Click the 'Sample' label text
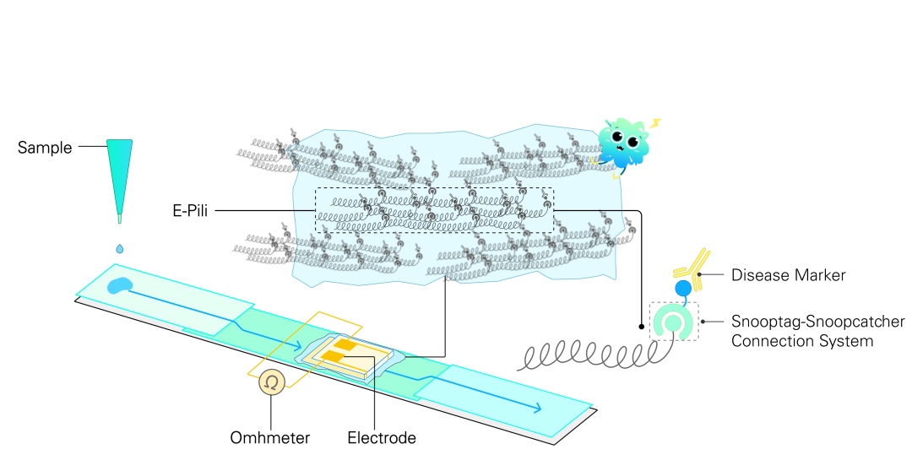point(47,149)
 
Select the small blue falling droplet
point(120,248)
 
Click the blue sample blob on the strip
point(120,286)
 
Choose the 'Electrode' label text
point(382,438)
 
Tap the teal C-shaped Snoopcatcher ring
point(674,324)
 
